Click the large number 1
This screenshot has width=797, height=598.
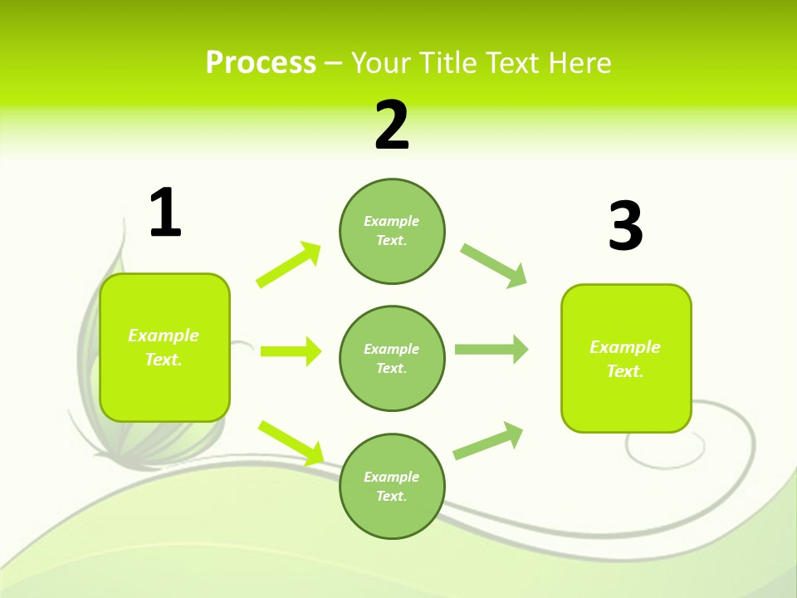coord(165,213)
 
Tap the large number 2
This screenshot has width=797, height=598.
coord(392,126)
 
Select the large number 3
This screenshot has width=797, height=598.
coord(625,227)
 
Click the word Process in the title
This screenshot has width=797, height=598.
coord(261,62)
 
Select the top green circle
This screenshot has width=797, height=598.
coord(392,231)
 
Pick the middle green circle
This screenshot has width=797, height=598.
coord(392,358)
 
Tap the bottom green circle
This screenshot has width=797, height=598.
coord(392,486)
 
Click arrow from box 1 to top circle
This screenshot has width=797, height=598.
coord(289,264)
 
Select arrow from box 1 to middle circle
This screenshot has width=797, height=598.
coord(291,351)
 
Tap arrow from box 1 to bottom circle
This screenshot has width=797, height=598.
coord(291,442)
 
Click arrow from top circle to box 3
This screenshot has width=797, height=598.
coord(494,266)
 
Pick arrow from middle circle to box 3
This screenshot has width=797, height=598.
coord(491,350)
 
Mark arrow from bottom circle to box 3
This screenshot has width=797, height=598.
coord(488,441)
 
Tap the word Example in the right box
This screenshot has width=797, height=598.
coord(625,347)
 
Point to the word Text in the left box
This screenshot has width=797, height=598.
coord(163,360)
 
